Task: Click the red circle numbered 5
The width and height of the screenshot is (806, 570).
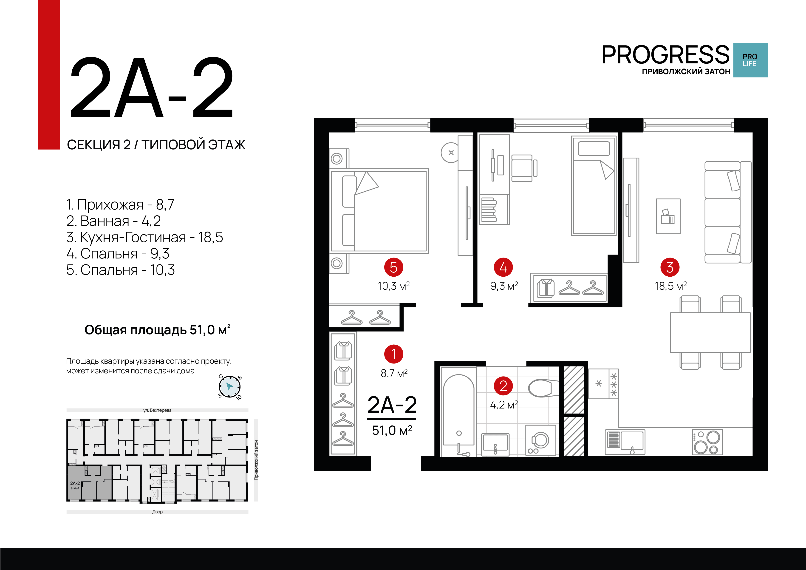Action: [x=393, y=267]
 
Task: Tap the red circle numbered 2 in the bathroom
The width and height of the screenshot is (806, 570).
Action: [x=503, y=386]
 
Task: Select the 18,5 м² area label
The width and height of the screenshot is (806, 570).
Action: [x=670, y=286]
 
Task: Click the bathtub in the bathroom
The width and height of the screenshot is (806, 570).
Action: [x=458, y=414]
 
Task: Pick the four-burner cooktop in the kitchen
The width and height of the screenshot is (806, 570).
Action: [x=707, y=442]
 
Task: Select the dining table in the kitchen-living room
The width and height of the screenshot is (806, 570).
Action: [x=710, y=332]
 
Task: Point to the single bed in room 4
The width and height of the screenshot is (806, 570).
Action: [x=593, y=186]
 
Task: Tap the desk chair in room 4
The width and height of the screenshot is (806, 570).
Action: [x=523, y=168]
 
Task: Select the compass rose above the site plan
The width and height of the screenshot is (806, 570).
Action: [x=230, y=387]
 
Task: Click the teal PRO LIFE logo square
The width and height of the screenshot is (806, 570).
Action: [x=750, y=60]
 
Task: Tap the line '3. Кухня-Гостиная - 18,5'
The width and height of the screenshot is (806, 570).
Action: [x=144, y=237]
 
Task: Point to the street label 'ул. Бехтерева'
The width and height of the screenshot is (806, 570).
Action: [x=157, y=410]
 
